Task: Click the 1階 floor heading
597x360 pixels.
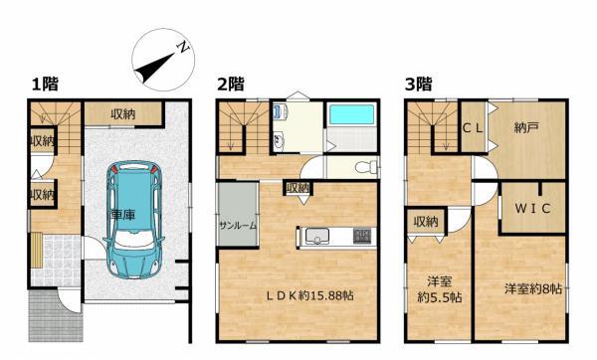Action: tap(45, 85)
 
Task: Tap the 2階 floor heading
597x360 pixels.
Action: tap(231, 85)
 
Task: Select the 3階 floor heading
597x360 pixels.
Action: tap(418, 85)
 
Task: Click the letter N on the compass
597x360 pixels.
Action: tap(183, 47)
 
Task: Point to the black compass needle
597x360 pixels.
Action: tap(154, 68)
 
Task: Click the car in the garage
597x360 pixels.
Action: tap(133, 220)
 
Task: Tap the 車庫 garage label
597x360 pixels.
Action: tap(122, 215)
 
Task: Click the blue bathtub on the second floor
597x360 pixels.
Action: tap(351, 114)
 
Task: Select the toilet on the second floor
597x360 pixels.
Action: tap(366, 167)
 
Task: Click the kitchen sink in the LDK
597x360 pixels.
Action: tap(316, 237)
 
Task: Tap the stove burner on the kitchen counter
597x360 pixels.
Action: tap(362, 236)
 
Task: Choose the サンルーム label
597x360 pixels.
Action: tap(238, 226)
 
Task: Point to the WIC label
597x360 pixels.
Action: tap(532, 208)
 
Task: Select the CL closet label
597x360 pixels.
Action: tap(473, 128)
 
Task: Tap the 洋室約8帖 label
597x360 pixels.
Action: tap(533, 289)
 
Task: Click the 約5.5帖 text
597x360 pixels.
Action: tap(440, 297)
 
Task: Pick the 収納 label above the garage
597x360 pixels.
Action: tap(123, 113)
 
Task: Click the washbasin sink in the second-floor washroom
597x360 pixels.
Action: tap(279, 141)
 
